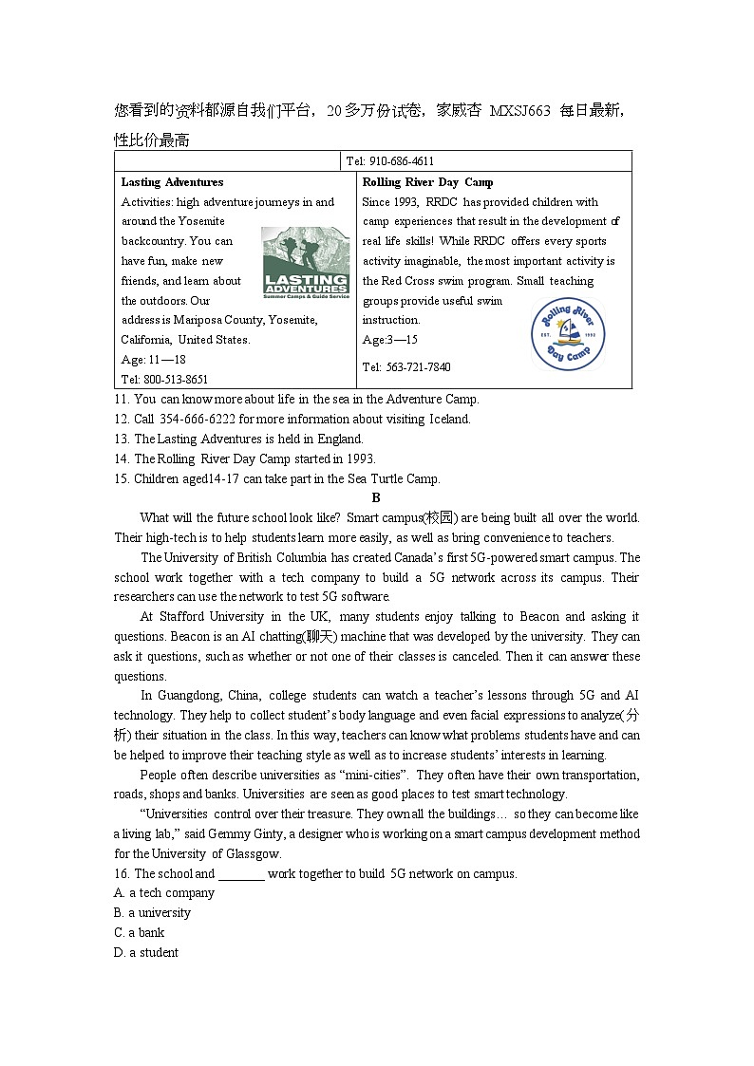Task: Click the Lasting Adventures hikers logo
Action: pos(306,262)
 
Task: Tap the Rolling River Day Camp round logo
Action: pos(568,333)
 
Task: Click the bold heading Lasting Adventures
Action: pos(172,182)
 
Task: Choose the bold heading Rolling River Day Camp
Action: pos(427,182)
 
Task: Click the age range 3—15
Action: pos(403,340)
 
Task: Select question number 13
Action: pos(121,439)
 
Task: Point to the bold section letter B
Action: pos(376,497)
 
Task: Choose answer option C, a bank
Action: pos(139,933)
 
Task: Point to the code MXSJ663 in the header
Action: pos(519,111)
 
